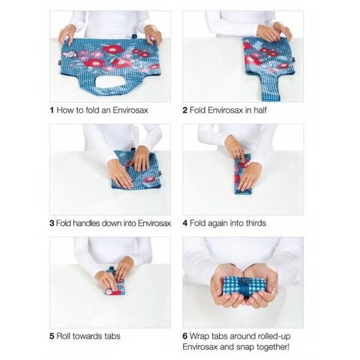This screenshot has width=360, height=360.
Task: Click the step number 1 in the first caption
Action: coord(52,110)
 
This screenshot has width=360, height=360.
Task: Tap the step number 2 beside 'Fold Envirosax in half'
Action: coord(185,110)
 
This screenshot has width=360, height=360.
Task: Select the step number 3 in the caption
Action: coord(52,223)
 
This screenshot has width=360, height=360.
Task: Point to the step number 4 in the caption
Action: coord(185,223)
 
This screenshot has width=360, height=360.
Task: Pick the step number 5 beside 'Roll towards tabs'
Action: coord(52,336)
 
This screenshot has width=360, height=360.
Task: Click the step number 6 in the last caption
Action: coord(185,336)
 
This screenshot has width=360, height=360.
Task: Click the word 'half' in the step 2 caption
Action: coord(260,110)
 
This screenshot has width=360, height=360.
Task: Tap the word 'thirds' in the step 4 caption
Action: coord(256,223)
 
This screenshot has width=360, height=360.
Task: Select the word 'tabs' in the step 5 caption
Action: coord(112,336)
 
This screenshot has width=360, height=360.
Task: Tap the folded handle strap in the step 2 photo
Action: coord(268,86)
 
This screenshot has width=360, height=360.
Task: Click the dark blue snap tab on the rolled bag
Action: coord(246,286)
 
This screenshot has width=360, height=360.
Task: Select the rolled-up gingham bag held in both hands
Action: coord(246,287)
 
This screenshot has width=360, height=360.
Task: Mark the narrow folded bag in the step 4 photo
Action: coord(243,174)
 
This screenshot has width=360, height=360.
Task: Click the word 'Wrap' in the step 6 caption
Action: coord(199,337)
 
